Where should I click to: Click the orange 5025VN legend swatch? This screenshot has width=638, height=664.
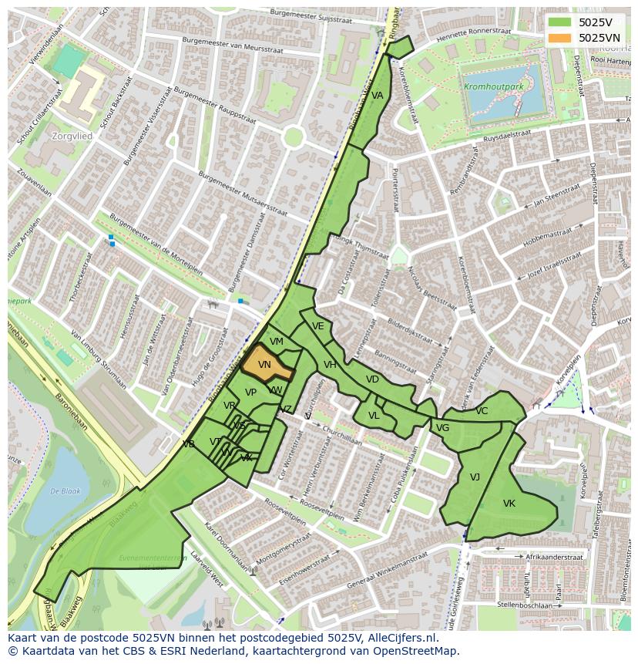point(560,38)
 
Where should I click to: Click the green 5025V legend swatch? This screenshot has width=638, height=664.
point(560,22)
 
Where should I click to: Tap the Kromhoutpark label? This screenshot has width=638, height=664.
point(492,87)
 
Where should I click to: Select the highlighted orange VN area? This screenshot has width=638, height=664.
point(266,365)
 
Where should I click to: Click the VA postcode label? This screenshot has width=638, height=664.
point(377,96)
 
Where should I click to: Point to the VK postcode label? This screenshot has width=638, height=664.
point(509,504)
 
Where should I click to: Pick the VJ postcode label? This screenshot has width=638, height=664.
point(475,477)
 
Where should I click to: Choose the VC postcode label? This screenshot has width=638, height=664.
point(482,411)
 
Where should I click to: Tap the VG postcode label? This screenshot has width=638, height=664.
point(442,428)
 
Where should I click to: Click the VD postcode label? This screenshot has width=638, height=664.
point(372,379)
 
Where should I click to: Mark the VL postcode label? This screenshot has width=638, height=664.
point(374,416)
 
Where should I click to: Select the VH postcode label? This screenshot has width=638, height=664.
point(330,365)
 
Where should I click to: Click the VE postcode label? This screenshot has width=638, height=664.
point(317,326)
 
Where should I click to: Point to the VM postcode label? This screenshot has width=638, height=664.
point(277,342)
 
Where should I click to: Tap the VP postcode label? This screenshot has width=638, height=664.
point(250,393)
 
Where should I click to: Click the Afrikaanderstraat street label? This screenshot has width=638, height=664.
point(553,556)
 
